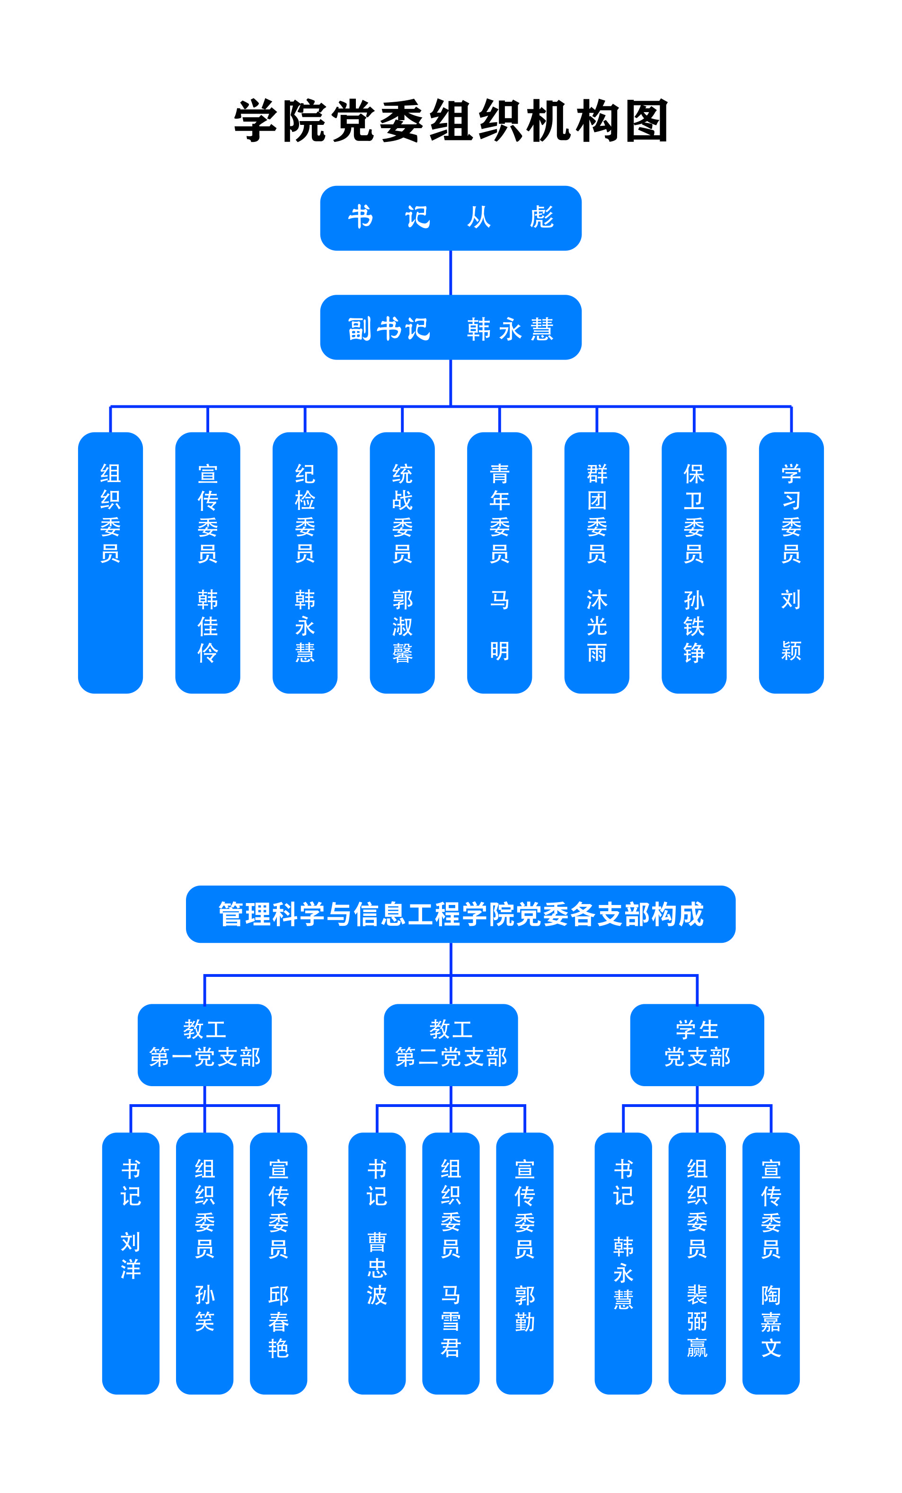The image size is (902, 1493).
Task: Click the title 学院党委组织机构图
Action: [x=451, y=121]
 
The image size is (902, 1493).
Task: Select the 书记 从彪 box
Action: [x=451, y=218]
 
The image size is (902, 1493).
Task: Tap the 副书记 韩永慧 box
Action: [x=451, y=327]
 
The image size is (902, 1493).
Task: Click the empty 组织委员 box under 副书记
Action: [x=110, y=562]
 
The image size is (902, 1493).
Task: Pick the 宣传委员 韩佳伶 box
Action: [x=207, y=562]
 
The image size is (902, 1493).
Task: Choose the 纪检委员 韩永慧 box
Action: [x=305, y=562]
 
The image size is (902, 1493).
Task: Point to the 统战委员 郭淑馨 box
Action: [x=402, y=562]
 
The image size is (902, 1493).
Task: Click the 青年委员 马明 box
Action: [x=499, y=562]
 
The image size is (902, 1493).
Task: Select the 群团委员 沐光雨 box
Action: [x=596, y=562]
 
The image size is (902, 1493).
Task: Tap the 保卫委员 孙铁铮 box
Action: [x=694, y=562]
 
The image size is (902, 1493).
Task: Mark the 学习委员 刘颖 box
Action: [x=791, y=562]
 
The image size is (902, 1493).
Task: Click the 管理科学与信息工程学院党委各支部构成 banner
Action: [x=460, y=914]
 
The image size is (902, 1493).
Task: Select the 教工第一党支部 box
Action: [x=204, y=1045]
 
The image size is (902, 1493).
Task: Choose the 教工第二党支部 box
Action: [x=451, y=1045]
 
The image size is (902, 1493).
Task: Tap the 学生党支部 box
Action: [x=697, y=1045]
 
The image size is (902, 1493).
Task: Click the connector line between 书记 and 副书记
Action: [x=451, y=272]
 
